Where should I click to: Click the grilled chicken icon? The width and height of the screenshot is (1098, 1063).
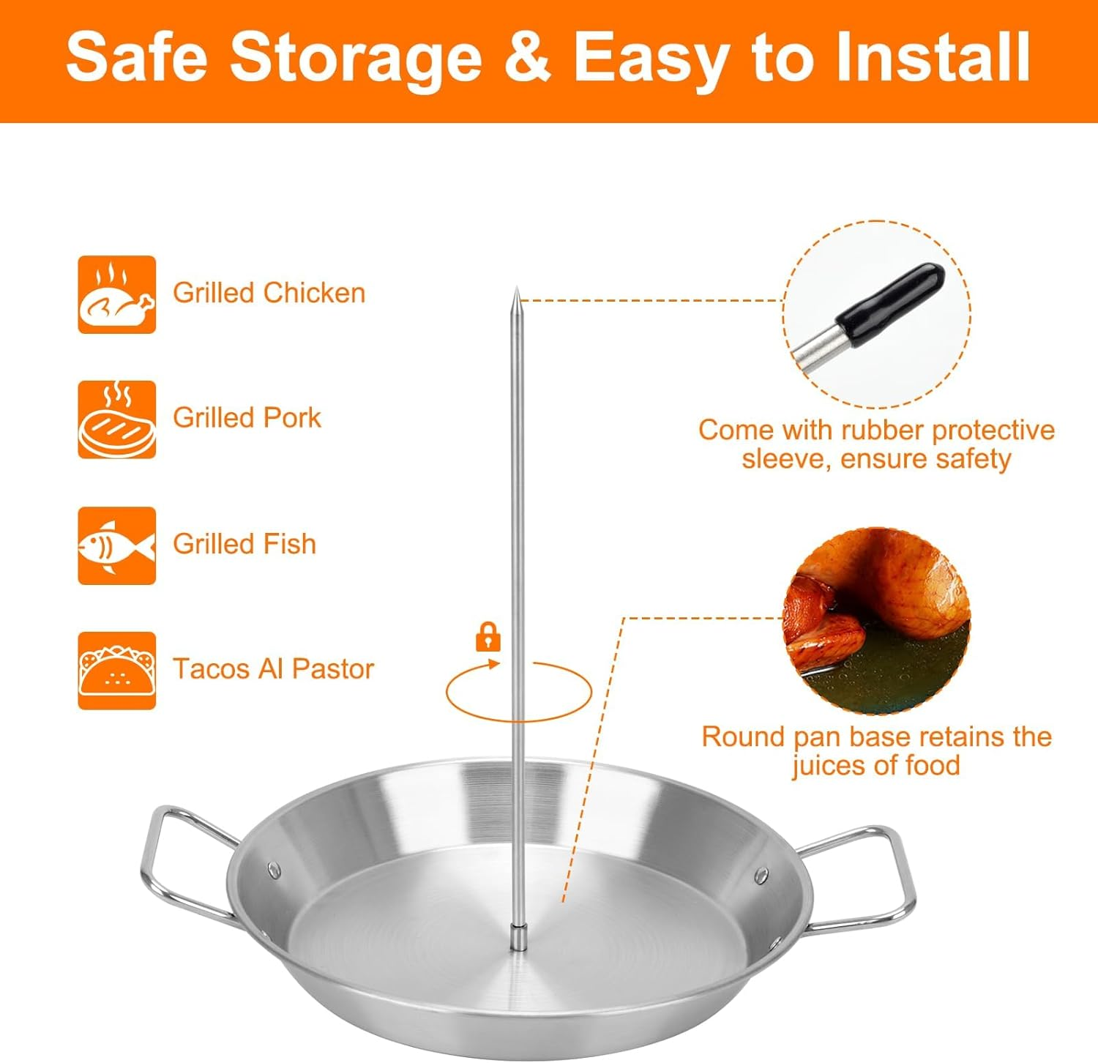click(x=117, y=294)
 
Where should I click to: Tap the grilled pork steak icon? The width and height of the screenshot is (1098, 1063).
click(x=117, y=419)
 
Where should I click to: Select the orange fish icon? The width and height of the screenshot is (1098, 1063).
click(x=117, y=545)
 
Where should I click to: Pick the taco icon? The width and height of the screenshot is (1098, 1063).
click(x=117, y=671)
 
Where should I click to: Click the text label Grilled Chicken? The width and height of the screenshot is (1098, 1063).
click(x=269, y=293)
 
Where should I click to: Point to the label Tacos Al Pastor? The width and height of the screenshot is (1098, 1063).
click(x=273, y=669)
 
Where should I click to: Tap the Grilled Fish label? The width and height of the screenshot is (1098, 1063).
click(x=244, y=544)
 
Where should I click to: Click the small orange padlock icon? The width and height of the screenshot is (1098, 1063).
click(x=488, y=636)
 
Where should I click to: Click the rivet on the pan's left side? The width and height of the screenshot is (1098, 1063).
click(x=274, y=870)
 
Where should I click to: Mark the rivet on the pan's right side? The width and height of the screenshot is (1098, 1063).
click(x=761, y=875)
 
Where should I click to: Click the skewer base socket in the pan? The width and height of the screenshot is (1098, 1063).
click(x=518, y=936)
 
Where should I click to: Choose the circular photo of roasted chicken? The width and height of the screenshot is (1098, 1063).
click(x=876, y=619)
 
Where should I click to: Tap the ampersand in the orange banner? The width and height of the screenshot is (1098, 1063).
click(x=527, y=57)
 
